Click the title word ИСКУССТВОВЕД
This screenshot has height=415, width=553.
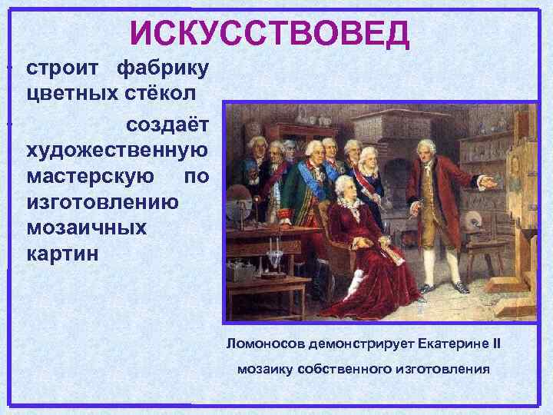pos(270,32)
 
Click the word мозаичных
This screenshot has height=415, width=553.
pos(86,229)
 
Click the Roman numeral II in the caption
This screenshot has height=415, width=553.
pos(495,343)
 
